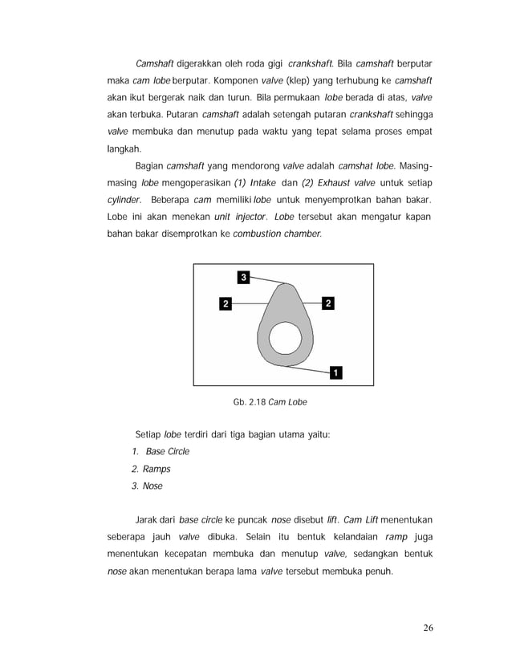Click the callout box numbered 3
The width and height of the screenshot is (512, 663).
pyautogui.click(x=243, y=277)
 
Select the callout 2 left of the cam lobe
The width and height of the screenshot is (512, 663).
pyautogui.click(x=226, y=303)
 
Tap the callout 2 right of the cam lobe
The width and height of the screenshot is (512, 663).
pyautogui.click(x=329, y=303)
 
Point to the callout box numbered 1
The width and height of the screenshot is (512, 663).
pyautogui.click(x=335, y=372)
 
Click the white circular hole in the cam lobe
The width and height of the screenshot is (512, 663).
pyautogui.click(x=284, y=340)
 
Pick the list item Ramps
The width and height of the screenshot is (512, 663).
pyautogui.click(x=156, y=469)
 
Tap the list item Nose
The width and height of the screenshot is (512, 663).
pyautogui.click(x=152, y=486)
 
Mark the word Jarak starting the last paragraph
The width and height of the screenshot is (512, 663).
pyautogui.click(x=150, y=520)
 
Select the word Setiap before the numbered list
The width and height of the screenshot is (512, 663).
pyautogui.click(x=147, y=435)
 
